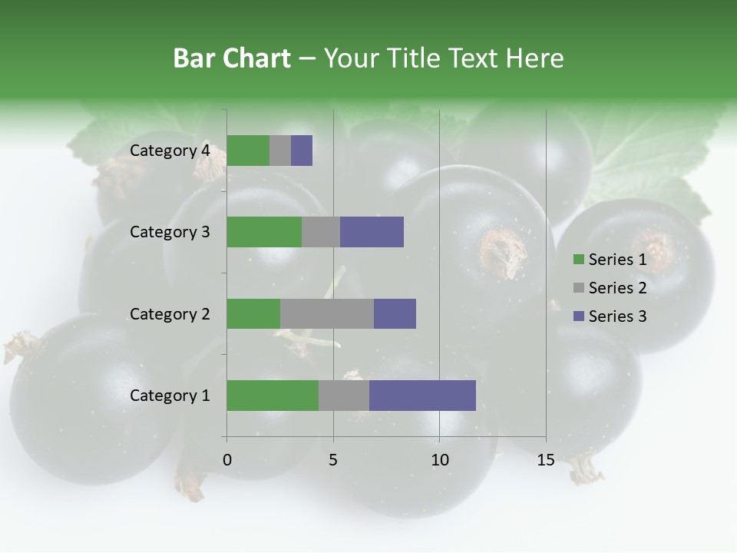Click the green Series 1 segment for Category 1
coord(273,395)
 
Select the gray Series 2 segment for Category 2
coord(327,313)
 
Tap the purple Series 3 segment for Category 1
coord(422,395)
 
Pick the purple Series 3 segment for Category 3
coord(372,232)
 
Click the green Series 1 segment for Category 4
coord(248,151)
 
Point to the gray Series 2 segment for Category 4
coord(280,151)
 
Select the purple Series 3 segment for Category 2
coord(395,313)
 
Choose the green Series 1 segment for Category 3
coord(264,232)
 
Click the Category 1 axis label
coord(170,396)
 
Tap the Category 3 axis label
coord(170,232)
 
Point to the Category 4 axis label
coord(170,151)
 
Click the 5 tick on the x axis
coord(333,460)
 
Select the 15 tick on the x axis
coord(546,460)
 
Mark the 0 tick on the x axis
coord(227,460)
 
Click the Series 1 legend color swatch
coord(578,260)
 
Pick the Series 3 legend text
coord(617,316)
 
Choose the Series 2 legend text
coord(617,288)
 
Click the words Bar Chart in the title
coord(232,58)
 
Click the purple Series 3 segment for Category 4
coord(302,151)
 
